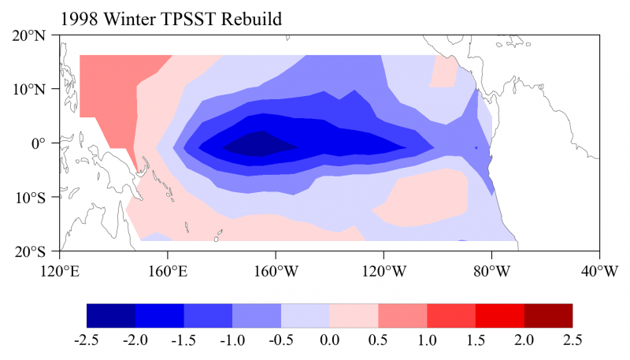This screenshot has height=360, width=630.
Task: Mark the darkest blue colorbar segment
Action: click(110, 315)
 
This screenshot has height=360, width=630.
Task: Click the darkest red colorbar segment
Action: click(548, 315)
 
